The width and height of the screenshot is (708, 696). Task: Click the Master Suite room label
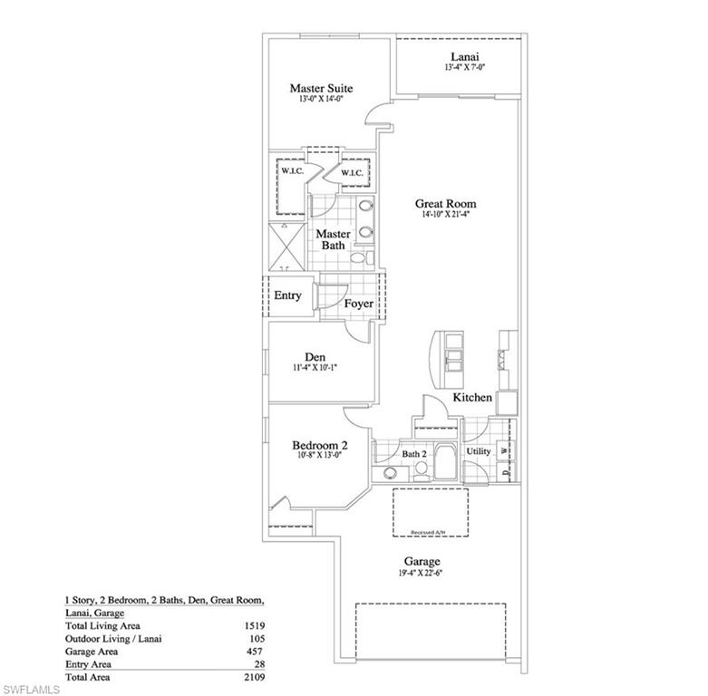pyautogui.click(x=321, y=88)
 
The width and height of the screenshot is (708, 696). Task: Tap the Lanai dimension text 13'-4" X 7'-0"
pyautogui.click(x=461, y=68)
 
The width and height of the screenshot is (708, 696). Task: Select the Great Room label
pyautogui.click(x=446, y=204)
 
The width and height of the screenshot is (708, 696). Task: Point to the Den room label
pyautogui.click(x=315, y=356)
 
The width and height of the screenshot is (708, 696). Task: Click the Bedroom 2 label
pyautogui.click(x=319, y=445)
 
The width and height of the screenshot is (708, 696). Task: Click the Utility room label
pyautogui.click(x=478, y=450)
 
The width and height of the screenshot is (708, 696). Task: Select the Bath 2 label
pyautogui.click(x=413, y=453)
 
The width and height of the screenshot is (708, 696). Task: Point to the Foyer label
pyautogui.click(x=358, y=304)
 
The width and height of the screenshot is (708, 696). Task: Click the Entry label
pyautogui.click(x=287, y=295)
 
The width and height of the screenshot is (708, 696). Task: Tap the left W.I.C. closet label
pyautogui.click(x=291, y=172)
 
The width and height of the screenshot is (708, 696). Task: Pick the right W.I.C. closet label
pyautogui.click(x=352, y=172)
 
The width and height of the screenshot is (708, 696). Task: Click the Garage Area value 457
pyautogui.click(x=257, y=652)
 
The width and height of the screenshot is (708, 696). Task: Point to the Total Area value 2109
pyautogui.click(x=253, y=677)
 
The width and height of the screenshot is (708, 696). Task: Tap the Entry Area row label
pyautogui.click(x=88, y=664)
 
